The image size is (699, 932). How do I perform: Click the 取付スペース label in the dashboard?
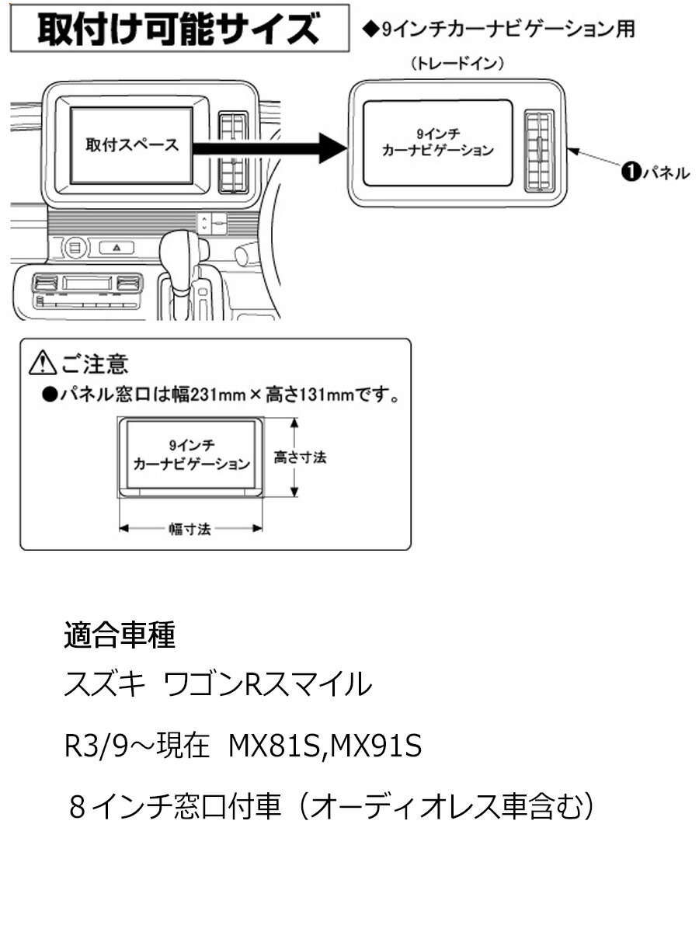(x=131, y=144)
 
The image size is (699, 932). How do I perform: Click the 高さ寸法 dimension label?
(x=300, y=457)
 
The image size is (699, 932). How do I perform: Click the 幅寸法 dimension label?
(x=190, y=529)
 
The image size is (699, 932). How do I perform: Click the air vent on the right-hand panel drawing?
(x=538, y=151)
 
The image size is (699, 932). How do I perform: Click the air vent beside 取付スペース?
(x=232, y=152)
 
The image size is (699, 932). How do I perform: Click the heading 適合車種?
(x=119, y=635)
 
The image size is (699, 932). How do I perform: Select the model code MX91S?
(x=377, y=746)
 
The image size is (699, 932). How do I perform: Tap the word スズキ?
(x=104, y=685)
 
